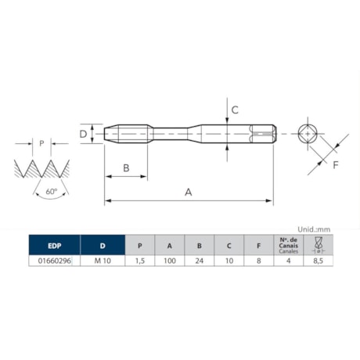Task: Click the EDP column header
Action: coord(52,243)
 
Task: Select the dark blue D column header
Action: coord(100,243)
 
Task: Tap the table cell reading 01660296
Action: coord(52,261)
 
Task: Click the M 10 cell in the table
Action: coord(100,261)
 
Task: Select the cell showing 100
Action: coord(169,261)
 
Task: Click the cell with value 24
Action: coord(199,261)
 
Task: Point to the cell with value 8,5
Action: coord(318,261)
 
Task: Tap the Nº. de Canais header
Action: coord(287,243)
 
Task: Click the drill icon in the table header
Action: coord(318,243)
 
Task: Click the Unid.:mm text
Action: coord(315,229)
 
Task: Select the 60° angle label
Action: coord(51,191)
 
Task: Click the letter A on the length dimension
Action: coord(188,191)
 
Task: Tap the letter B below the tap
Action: coord(125,167)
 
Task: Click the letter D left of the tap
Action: coord(83,134)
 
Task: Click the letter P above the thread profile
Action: coord(42,144)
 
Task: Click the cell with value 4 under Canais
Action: coord(287,261)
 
